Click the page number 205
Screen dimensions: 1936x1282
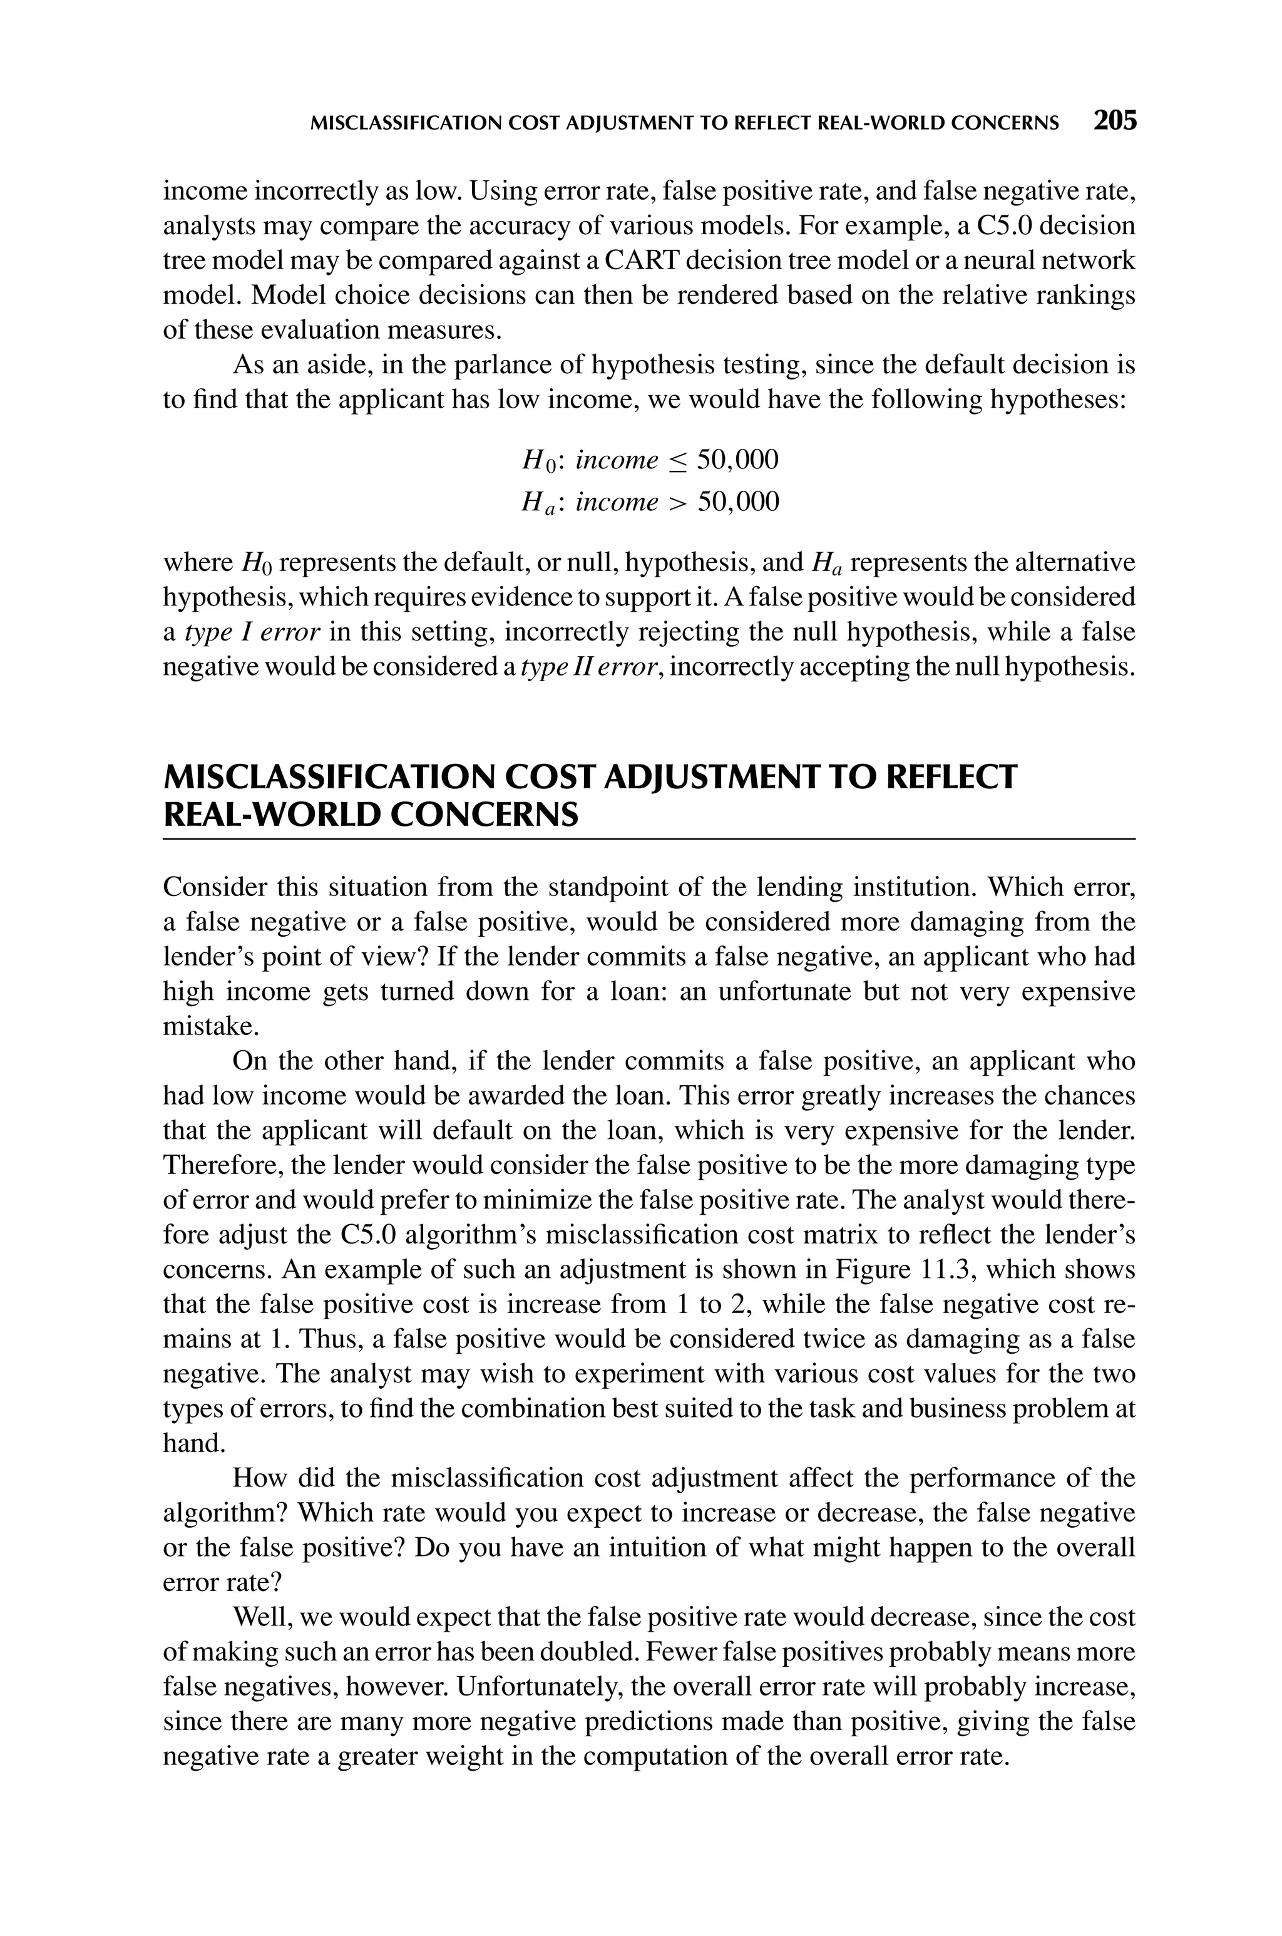pyautogui.click(x=1114, y=121)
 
